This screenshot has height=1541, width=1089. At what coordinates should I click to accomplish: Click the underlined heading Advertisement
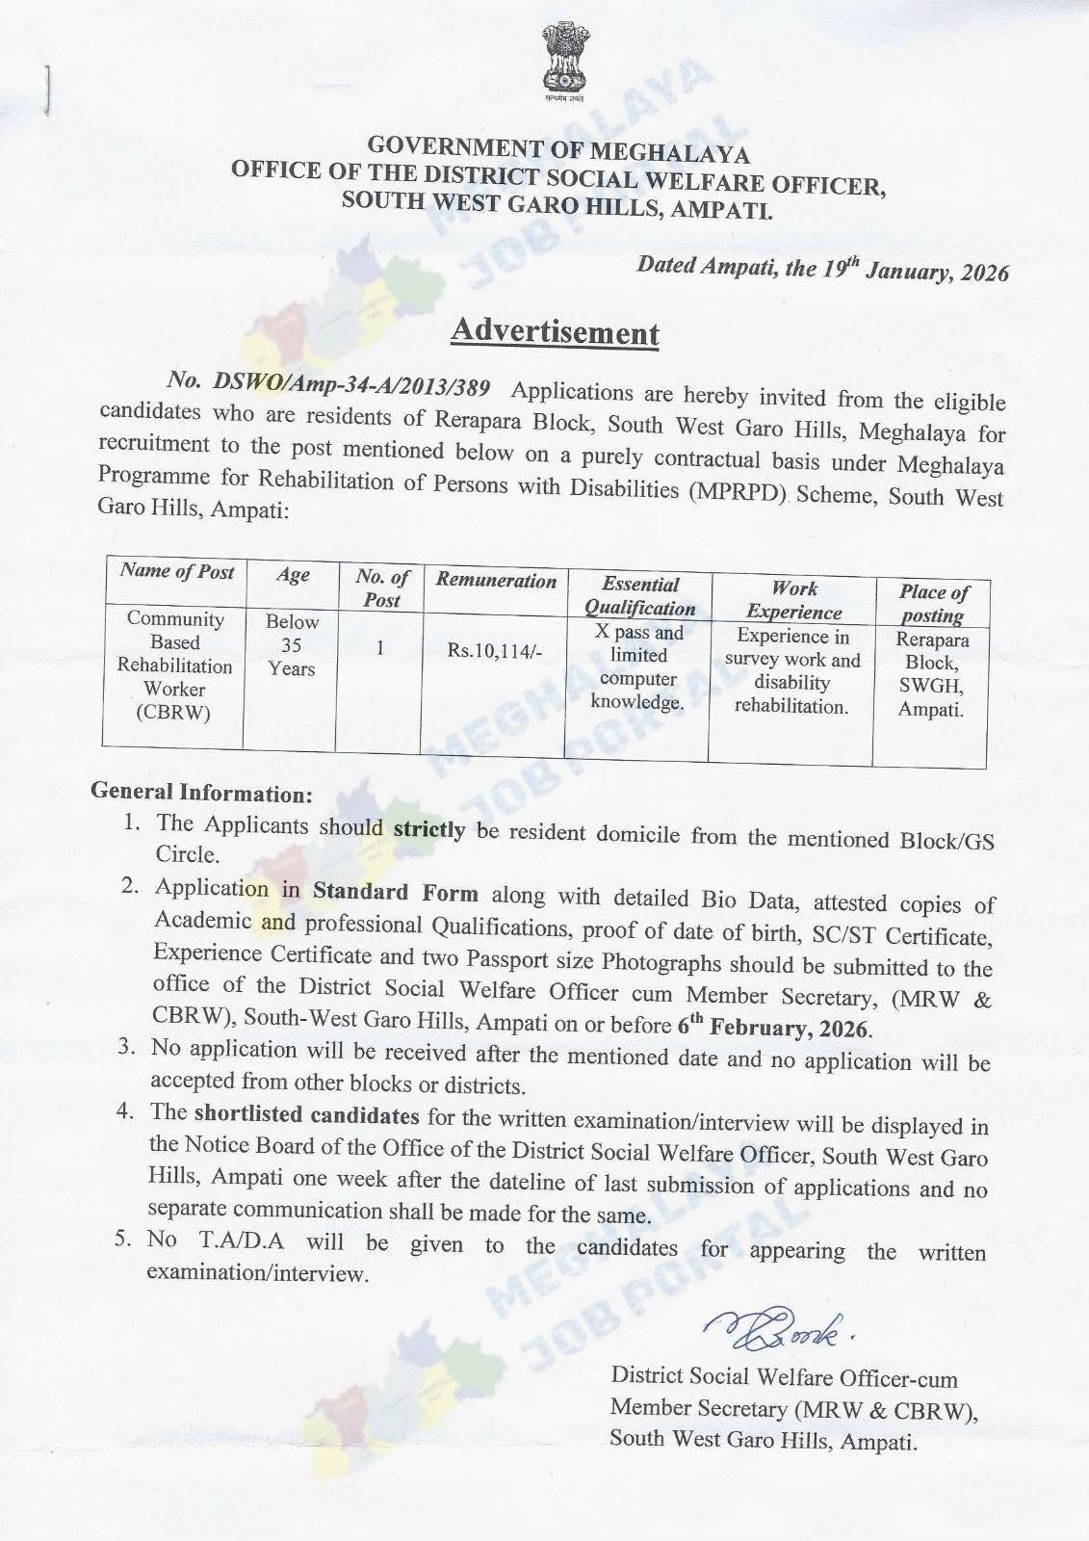[x=555, y=331]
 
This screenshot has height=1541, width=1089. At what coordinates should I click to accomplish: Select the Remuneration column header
[x=496, y=581]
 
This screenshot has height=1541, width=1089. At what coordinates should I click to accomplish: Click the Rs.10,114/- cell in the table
[x=495, y=651]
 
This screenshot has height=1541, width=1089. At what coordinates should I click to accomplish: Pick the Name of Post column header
[x=176, y=571]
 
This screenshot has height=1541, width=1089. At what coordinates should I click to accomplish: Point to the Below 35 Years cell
[x=292, y=644]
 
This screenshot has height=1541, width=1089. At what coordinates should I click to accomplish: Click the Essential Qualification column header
[x=639, y=596]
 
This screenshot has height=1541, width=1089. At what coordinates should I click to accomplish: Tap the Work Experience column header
[x=794, y=600]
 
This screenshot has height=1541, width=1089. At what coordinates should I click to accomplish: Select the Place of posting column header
[x=933, y=604]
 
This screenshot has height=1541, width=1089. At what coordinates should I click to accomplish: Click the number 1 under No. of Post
[x=380, y=648]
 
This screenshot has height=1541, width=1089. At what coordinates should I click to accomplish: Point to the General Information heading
[x=201, y=793]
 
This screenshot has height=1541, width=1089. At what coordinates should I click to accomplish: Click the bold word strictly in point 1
[x=429, y=828]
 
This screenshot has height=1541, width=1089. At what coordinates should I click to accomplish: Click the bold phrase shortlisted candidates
[x=306, y=1115]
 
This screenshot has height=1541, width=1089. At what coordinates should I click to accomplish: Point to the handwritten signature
[x=781, y=1333]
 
